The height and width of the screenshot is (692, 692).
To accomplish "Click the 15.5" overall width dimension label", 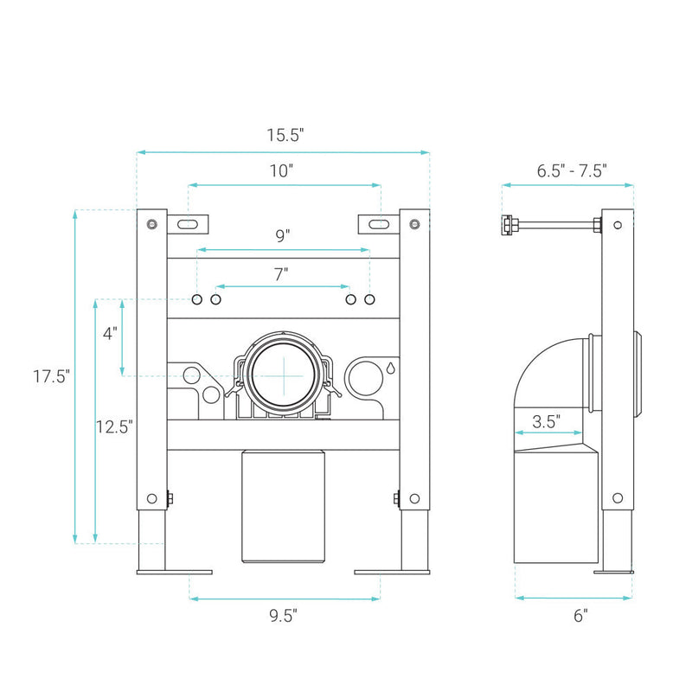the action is click(285, 135).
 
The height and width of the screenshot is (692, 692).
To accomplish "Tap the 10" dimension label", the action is click(281, 170).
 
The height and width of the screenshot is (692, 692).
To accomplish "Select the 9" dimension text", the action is click(283, 235).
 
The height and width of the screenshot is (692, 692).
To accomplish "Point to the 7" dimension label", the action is click(281, 274).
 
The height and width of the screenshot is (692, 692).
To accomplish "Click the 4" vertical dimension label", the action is click(110, 333).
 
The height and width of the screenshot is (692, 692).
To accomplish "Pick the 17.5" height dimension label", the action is click(52, 376).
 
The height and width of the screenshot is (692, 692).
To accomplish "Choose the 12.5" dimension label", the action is click(114, 426).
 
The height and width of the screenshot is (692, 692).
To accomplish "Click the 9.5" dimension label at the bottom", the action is click(284, 616).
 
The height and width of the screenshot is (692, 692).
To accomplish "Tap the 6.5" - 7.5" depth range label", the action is click(572, 170).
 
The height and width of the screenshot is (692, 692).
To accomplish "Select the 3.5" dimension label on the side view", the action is click(547, 421).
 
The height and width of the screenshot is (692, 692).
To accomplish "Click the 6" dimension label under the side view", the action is click(580, 615).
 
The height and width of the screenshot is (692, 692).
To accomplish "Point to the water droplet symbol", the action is click(391, 368).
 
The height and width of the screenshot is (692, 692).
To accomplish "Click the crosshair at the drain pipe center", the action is click(284, 376).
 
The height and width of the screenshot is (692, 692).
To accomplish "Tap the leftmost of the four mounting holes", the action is click(197, 299).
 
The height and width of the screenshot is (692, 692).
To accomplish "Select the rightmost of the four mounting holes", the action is click(370, 299).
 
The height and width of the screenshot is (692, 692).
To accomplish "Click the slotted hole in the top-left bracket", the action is click(188, 224).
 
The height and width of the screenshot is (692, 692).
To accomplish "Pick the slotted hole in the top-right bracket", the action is click(379, 224).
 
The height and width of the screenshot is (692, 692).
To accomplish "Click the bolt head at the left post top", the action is click(152, 224).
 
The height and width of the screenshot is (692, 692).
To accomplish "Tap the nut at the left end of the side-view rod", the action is click(507, 224).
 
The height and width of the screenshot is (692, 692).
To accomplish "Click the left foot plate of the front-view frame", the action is click(175, 573).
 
